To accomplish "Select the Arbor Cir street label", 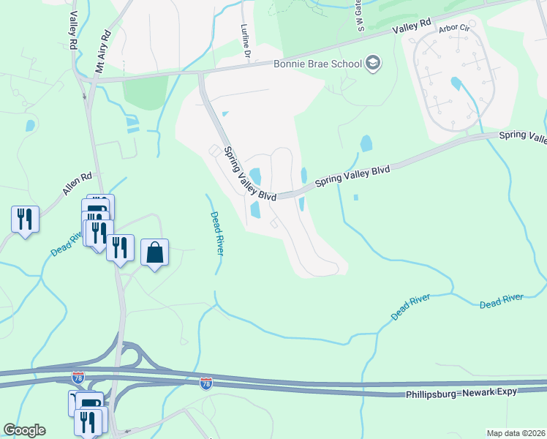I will pyautogui.click(x=453, y=29).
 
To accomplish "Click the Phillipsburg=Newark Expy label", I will pyautogui.click(x=461, y=392).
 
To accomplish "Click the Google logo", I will pyautogui.click(x=24, y=430).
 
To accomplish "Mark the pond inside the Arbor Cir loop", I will pyautogui.click(x=456, y=83).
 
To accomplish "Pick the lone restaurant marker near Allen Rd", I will pyautogui.click(x=25, y=219).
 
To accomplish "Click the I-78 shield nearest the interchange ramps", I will pyautogui.click(x=78, y=378).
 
